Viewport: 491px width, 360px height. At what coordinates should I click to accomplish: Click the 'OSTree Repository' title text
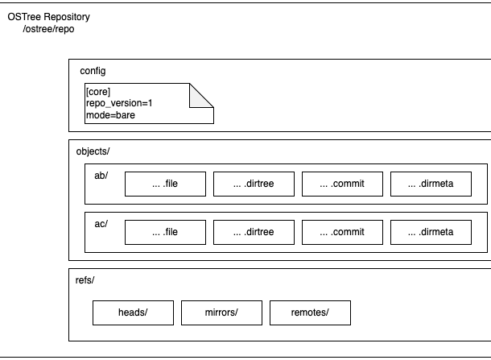(48, 17)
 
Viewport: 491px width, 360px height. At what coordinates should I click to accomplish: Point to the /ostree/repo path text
(48, 29)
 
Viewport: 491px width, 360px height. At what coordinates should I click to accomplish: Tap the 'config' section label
(93, 71)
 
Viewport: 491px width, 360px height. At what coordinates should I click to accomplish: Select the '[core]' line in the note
(98, 92)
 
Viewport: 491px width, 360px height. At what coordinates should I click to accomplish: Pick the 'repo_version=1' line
(119, 103)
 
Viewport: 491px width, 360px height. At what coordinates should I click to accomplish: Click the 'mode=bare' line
(110, 115)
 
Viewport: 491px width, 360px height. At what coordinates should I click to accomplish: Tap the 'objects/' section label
(93, 151)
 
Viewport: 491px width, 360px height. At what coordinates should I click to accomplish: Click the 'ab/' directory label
(101, 176)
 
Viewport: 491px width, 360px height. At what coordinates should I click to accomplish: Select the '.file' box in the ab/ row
(165, 184)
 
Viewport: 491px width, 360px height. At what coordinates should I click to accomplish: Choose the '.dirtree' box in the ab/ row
(254, 184)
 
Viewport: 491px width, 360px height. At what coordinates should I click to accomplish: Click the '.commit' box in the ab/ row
(342, 184)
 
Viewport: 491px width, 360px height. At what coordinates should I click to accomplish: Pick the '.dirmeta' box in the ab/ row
(431, 184)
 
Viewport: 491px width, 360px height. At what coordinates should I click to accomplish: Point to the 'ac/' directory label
(101, 224)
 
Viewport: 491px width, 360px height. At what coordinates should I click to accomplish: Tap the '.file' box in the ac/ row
(165, 232)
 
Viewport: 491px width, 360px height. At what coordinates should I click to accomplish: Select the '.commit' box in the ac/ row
(342, 232)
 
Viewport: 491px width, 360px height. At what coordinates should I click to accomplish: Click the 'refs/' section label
(85, 280)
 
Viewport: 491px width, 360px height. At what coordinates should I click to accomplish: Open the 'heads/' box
(133, 312)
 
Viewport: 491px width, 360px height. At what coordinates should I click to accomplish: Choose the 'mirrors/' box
(221, 312)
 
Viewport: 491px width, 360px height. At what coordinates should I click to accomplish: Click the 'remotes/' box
(310, 312)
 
